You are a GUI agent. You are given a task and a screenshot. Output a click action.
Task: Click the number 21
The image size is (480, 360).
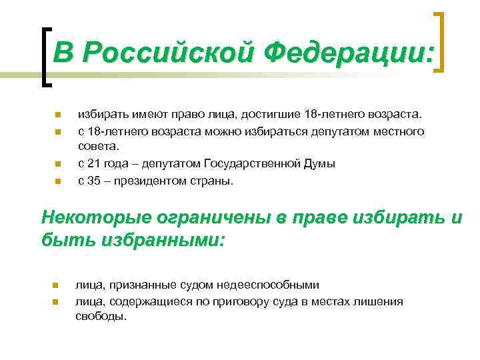[x=95, y=163]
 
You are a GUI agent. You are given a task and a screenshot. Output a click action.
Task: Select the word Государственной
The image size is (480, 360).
[x=257, y=163]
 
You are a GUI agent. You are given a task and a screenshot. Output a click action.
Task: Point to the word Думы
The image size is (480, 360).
[x=321, y=163]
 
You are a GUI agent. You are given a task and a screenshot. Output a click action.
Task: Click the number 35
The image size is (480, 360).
[x=95, y=179]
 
